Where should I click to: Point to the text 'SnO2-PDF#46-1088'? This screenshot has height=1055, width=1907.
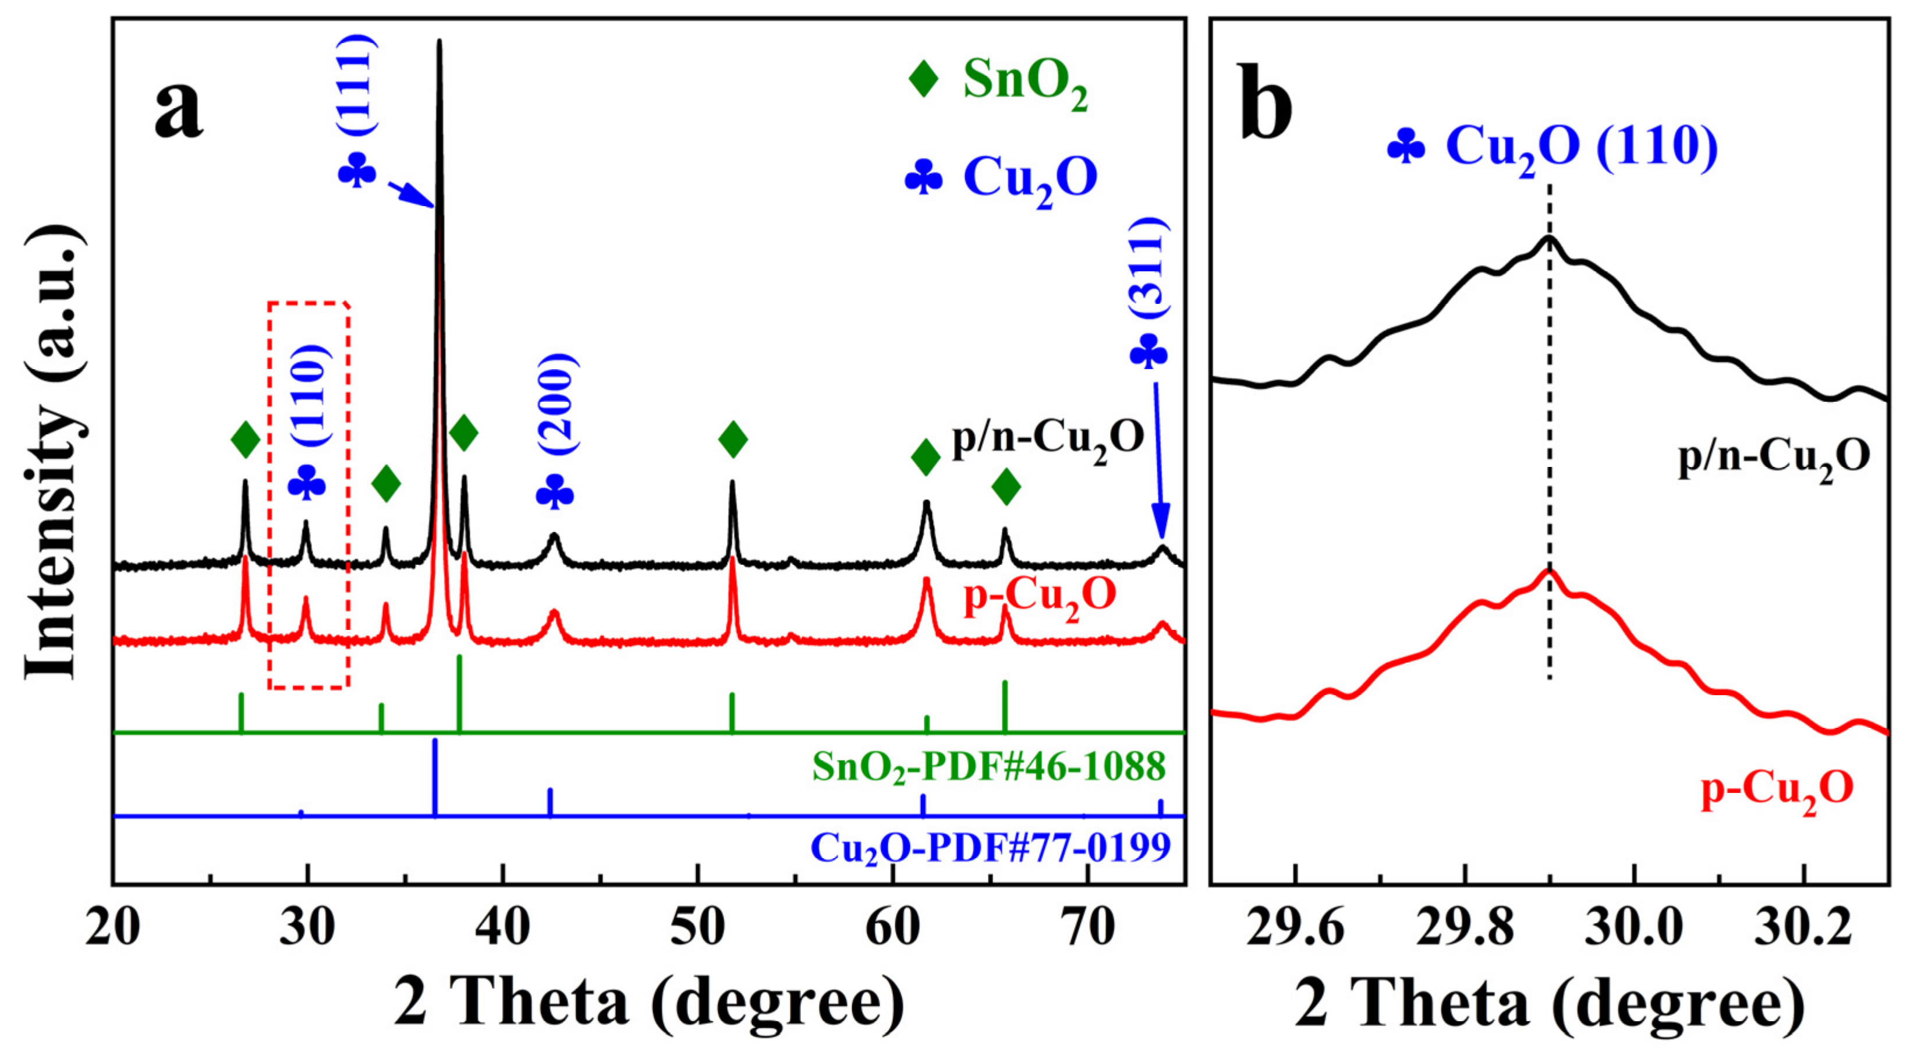[x=988, y=766]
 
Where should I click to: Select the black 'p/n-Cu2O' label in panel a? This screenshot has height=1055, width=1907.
[x=1048, y=439]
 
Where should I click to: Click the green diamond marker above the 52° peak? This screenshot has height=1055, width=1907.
[x=733, y=439]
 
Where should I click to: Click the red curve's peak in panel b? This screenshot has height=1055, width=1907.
[x=1548, y=571]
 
